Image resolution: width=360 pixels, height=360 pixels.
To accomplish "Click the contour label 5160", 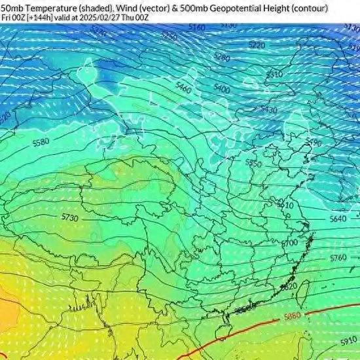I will (x=196, y=27).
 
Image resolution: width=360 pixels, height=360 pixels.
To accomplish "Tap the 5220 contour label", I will (x=257, y=45).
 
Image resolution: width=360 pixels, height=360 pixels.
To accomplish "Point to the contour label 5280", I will (x=223, y=58).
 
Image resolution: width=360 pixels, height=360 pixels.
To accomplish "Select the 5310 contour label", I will (x=274, y=75).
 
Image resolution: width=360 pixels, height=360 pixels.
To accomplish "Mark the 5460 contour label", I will (x=184, y=88).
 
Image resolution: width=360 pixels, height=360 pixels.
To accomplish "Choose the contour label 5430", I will (x=269, y=109).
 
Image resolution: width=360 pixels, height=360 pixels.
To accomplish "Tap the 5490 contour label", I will (x=314, y=143).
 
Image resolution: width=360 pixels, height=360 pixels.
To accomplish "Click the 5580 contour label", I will (x=41, y=141).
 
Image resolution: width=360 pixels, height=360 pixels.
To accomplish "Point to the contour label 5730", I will (x=69, y=217).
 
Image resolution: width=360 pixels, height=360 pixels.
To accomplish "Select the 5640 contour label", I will (x=338, y=219).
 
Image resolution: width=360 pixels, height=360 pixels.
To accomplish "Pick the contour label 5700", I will (x=289, y=243).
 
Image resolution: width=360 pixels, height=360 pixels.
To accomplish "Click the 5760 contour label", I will (x=338, y=258).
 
